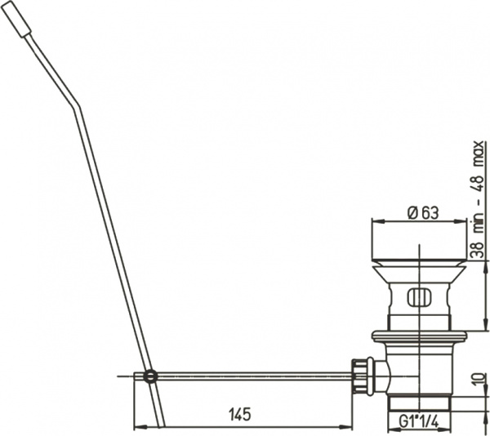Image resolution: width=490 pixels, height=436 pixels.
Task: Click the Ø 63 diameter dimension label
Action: pos(423,213)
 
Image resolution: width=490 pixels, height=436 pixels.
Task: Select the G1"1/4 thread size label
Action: pos(419,422)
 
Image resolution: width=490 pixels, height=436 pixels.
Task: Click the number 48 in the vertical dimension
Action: pos(478,185)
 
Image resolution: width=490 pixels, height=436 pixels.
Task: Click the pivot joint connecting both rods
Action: pos(150,376)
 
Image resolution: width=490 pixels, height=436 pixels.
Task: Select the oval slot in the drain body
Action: pos(419,296)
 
